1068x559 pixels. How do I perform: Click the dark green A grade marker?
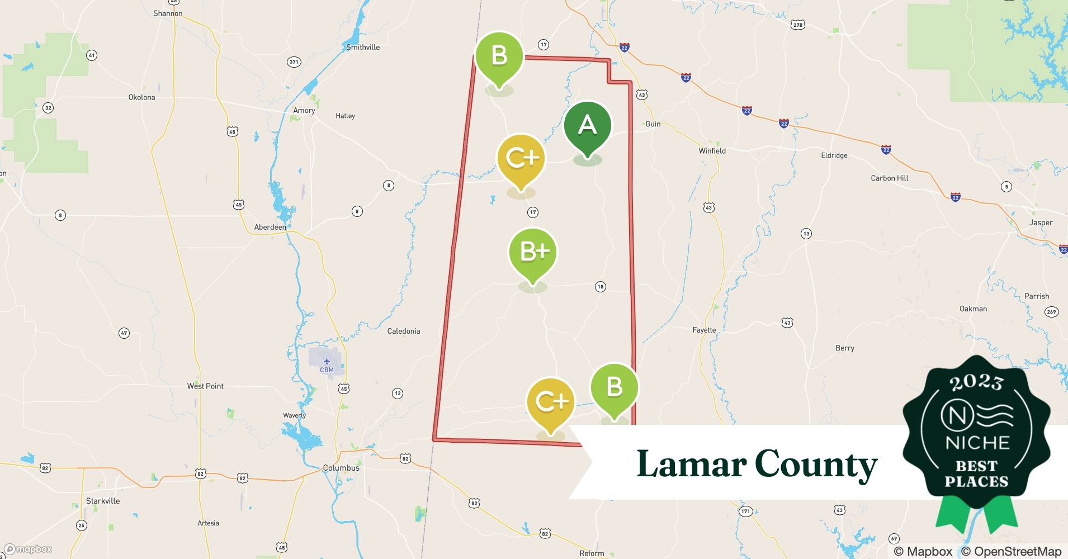pos(587,126)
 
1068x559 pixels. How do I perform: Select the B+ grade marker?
pos(533,253)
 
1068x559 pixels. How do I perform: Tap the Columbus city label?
pos(341,468)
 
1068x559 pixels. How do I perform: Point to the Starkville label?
pos(103,501)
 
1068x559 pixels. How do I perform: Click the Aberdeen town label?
pos(270,227)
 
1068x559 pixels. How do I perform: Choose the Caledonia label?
pos(403,331)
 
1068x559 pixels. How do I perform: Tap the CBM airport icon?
pos(327,362)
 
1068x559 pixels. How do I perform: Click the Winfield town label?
pos(712,151)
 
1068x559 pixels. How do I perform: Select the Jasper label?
pos(1041,222)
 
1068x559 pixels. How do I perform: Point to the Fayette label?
pos(704,330)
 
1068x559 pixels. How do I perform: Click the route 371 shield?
pos(294,62)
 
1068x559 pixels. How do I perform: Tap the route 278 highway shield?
pos(798,25)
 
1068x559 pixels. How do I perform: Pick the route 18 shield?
pos(600,287)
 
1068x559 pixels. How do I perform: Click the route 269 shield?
pos(1051,312)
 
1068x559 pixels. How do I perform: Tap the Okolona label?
pos(141,97)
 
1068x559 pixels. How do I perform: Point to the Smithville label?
pos(362,48)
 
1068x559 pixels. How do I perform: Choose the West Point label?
pos(205,386)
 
